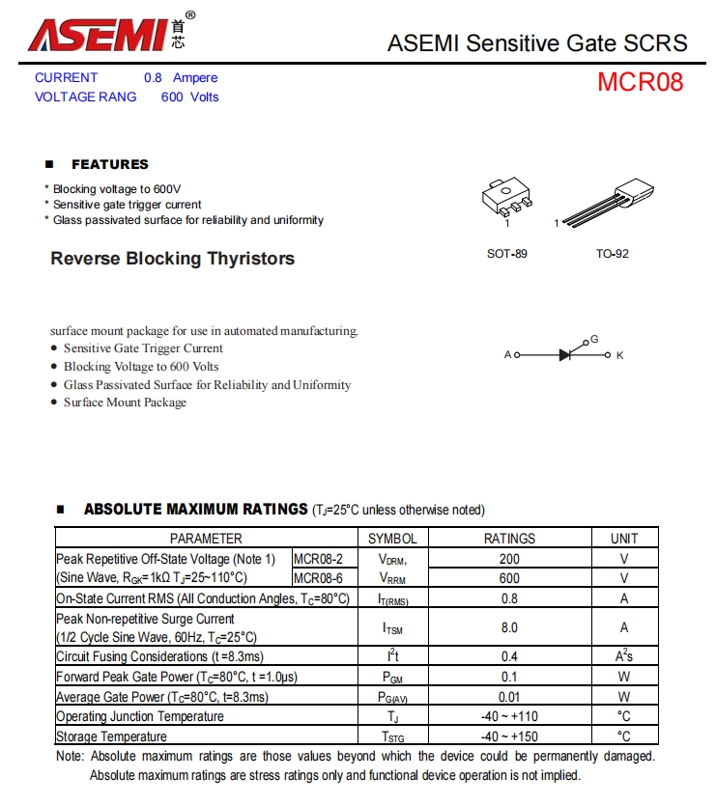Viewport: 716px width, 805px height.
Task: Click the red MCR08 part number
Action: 640,82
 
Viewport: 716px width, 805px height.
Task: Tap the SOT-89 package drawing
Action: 506,199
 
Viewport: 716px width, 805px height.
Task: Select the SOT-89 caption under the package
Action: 507,254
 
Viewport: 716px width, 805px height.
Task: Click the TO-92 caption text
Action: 612,254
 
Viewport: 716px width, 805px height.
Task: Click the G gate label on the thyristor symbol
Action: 594,339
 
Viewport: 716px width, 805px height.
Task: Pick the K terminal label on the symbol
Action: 620,355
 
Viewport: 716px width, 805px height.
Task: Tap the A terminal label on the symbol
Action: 507,355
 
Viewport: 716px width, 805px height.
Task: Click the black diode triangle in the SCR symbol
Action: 565,355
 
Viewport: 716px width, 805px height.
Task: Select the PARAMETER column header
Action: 207,539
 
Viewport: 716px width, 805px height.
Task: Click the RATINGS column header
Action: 509,539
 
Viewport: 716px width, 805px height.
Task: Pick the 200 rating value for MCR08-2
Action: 509,559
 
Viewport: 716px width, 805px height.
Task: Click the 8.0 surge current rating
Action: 509,627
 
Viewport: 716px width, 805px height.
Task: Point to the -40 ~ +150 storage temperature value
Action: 509,736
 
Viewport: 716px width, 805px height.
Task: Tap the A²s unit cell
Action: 624,656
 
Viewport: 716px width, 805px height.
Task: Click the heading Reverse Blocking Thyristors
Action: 173,259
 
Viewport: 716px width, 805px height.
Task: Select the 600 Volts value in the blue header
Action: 190,97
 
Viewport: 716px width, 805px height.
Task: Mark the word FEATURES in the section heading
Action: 110,164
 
